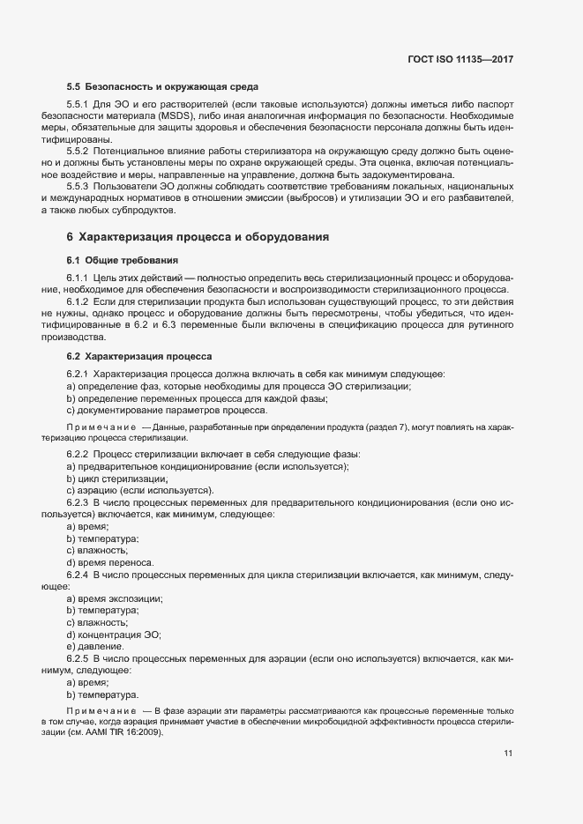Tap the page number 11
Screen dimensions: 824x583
(x=508, y=753)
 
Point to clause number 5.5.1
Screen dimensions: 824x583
(x=79, y=105)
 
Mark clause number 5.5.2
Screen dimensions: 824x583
(x=79, y=151)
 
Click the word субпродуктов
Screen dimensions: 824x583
(x=146, y=210)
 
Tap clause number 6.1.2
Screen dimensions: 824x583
(x=79, y=301)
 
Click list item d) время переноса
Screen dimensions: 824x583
(x=110, y=562)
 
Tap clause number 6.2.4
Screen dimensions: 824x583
(x=79, y=575)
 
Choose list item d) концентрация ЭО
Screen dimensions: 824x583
(x=114, y=635)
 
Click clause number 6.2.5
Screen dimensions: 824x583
(x=79, y=658)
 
